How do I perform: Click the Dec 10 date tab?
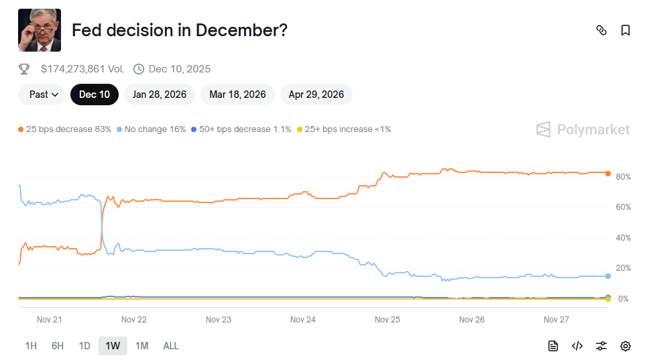click(95, 95)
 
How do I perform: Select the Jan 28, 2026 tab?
click(159, 95)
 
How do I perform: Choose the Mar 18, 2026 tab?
click(237, 95)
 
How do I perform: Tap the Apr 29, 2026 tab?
click(316, 95)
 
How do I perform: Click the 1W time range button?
click(113, 346)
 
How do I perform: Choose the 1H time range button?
click(31, 346)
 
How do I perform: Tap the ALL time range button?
click(171, 346)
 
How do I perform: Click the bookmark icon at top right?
click(626, 30)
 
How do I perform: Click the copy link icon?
click(601, 30)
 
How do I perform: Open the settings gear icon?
click(626, 346)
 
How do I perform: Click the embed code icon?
click(577, 346)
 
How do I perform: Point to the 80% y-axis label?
click(624, 177)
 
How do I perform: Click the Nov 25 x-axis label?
click(388, 320)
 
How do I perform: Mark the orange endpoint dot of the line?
click(608, 174)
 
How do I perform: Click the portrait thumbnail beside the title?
click(40, 30)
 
